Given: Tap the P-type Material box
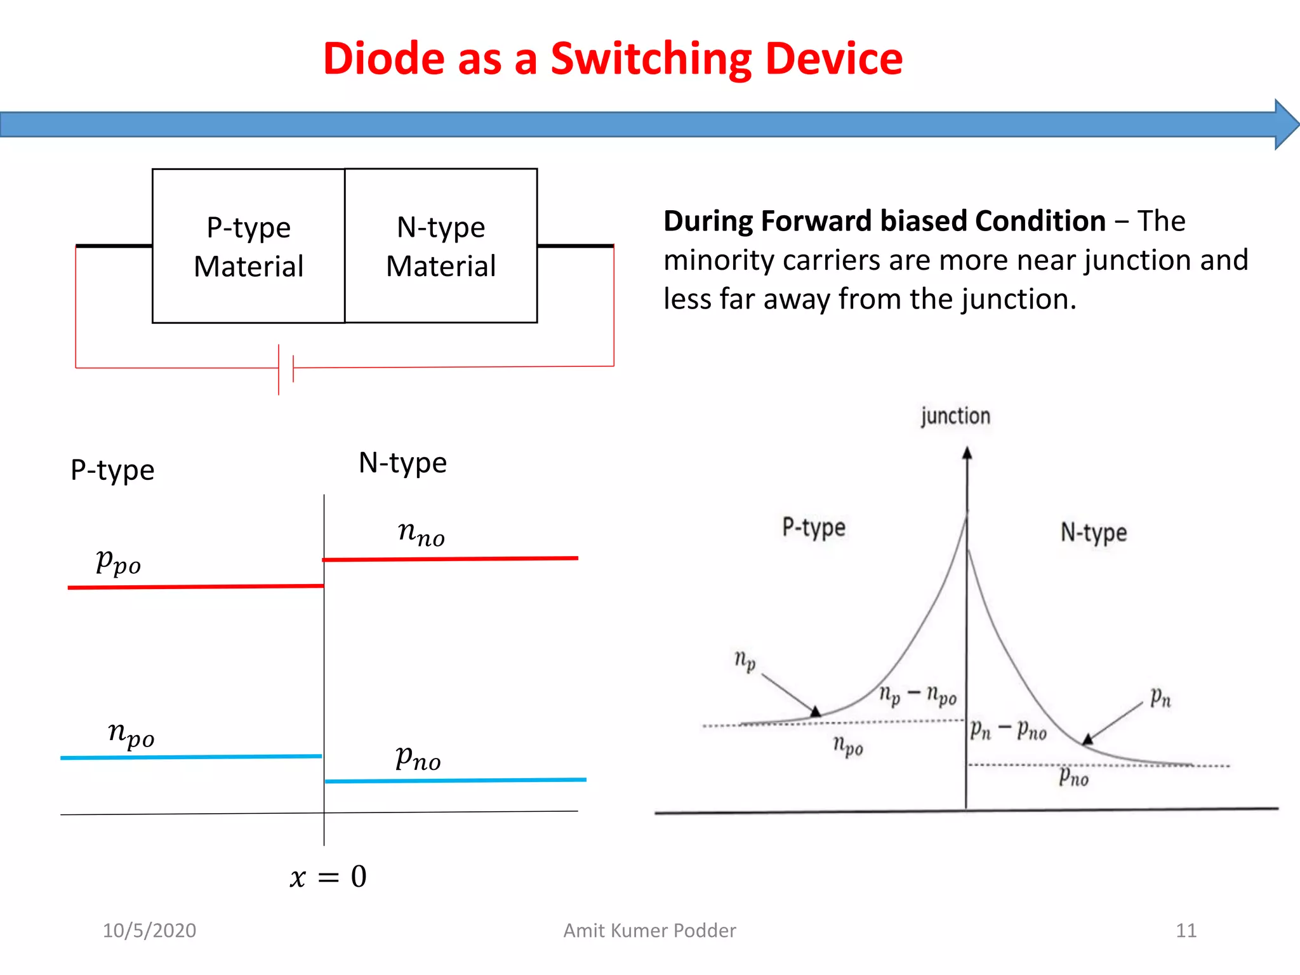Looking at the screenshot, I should click(x=249, y=246).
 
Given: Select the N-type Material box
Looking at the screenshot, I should click(x=441, y=246).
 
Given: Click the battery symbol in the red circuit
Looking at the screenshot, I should click(x=286, y=369).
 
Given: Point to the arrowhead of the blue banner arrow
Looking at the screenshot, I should click(x=1286, y=124).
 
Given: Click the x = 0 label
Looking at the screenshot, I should click(x=328, y=877).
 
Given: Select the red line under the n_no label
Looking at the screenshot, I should click(x=450, y=559).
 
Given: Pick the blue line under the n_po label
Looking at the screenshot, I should click(x=191, y=757).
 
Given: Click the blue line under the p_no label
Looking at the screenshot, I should click(x=455, y=780).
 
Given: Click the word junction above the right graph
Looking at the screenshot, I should click(x=955, y=416).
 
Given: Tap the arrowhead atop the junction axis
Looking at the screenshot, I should click(x=967, y=453).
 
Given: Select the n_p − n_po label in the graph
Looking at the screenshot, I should click(x=918, y=695).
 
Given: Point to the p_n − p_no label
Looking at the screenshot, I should click(x=1008, y=730).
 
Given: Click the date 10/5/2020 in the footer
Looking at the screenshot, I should click(x=149, y=931).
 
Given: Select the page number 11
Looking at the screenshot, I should click(x=1186, y=931).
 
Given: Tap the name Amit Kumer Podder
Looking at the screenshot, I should click(x=649, y=931).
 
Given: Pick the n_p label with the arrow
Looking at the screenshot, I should click(x=745, y=660).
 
